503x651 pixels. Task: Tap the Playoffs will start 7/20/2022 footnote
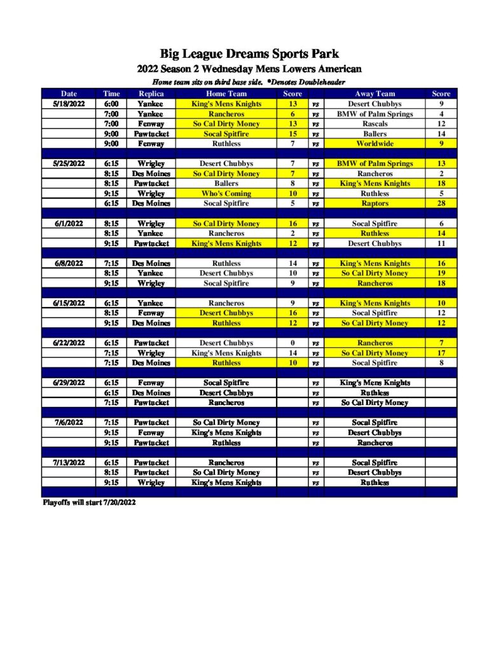coord(89,502)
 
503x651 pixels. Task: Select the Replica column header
coord(151,93)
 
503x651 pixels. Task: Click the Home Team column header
coord(226,93)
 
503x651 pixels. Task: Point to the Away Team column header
coord(375,93)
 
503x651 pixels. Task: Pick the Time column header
coord(111,93)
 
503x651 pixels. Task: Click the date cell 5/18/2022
coord(69,104)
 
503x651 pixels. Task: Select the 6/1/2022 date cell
coord(69,224)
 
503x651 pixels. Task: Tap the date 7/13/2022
coord(69,462)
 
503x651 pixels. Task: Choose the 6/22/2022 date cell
coord(69,343)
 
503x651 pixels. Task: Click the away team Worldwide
coord(375,144)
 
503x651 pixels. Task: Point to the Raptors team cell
coord(375,203)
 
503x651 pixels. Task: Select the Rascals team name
coord(375,124)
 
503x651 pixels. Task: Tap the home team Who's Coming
coord(226,193)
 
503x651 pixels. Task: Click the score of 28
coord(441,203)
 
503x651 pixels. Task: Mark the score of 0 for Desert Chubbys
coord(293,343)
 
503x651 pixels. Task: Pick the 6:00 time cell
coord(111,104)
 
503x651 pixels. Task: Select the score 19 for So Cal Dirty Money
coord(441,273)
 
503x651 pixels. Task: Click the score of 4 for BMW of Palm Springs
coord(441,114)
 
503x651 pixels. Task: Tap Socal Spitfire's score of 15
coord(293,134)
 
